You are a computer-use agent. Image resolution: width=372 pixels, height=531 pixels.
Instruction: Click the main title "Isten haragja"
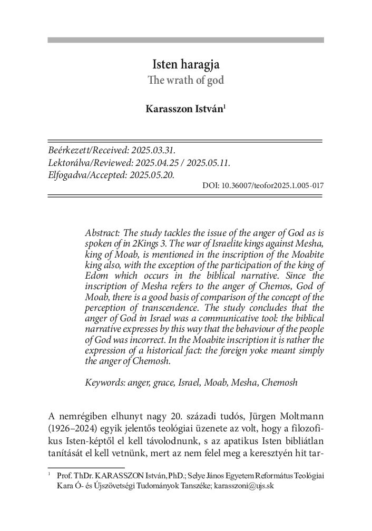click(x=185, y=66)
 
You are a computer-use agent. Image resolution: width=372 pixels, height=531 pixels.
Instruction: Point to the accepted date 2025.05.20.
click(x=153, y=174)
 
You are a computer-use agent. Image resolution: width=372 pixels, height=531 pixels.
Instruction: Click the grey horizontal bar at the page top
click(x=185, y=40)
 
